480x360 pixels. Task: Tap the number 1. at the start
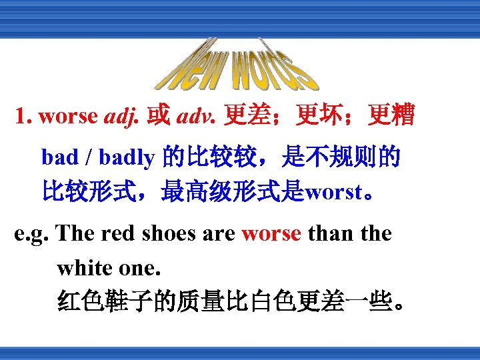(x=25, y=117)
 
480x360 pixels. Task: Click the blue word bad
(x=60, y=157)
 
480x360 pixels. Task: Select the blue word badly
(x=127, y=157)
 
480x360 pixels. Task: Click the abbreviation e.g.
(x=32, y=234)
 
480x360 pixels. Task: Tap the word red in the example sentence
(x=119, y=234)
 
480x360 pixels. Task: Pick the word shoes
(x=168, y=234)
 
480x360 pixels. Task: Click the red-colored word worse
(x=271, y=234)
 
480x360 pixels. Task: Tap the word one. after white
(x=139, y=268)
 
